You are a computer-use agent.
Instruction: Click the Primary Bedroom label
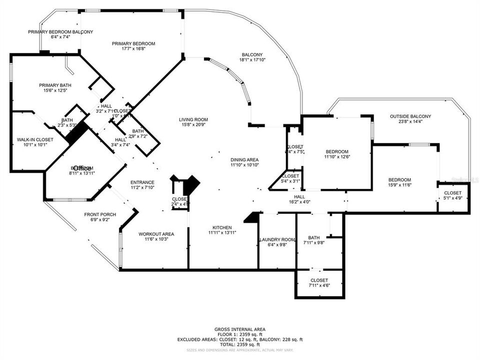pos(133,44)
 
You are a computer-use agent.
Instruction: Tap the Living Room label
pos(193,119)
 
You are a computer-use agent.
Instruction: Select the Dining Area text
pos(244,159)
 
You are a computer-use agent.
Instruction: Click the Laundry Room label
pos(277,239)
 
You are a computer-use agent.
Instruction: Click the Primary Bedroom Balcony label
pos(60,32)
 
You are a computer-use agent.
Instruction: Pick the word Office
pos(82,168)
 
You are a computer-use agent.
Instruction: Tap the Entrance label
pos(142,182)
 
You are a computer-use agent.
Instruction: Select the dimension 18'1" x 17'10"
pos(252,60)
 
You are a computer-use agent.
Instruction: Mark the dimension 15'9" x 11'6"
pos(400,185)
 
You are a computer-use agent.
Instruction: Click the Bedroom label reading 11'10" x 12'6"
pos(337,151)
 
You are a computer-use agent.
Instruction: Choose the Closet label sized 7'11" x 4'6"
pos(319,280)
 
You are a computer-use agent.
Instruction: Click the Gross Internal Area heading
pos(240,329)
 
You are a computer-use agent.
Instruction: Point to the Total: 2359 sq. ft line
pos(240,344)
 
